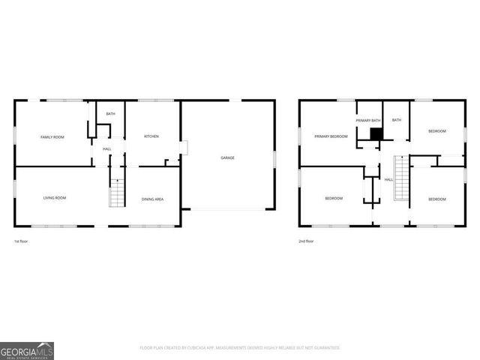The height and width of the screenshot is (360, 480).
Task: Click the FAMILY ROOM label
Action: click(52, 136)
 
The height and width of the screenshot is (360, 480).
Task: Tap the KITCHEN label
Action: click(151, 136)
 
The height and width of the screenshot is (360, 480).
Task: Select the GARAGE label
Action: click(227, 157)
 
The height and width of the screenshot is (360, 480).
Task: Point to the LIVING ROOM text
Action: click(54, 198)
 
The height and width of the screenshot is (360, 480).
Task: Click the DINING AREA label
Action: click(152, 199)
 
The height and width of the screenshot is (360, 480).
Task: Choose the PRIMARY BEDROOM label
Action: click(330, 136)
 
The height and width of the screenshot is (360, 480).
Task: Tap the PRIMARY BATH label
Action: click(368, 120)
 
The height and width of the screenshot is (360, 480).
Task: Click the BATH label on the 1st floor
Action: click(110, 114)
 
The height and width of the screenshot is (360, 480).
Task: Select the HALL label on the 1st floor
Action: click(107, 149)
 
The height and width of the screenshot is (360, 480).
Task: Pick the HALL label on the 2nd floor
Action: click(388, 180)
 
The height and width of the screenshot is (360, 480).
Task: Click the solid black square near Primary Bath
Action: click(376, 134)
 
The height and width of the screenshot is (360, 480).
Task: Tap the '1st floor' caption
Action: click(21, 241)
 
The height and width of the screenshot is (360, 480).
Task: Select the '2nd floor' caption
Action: click(306, 241)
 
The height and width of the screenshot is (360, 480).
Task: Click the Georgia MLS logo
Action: click(27, 350)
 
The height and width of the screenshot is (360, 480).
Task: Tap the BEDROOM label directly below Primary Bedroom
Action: click(334, 199)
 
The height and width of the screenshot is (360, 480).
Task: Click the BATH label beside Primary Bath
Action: click(396, 120)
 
